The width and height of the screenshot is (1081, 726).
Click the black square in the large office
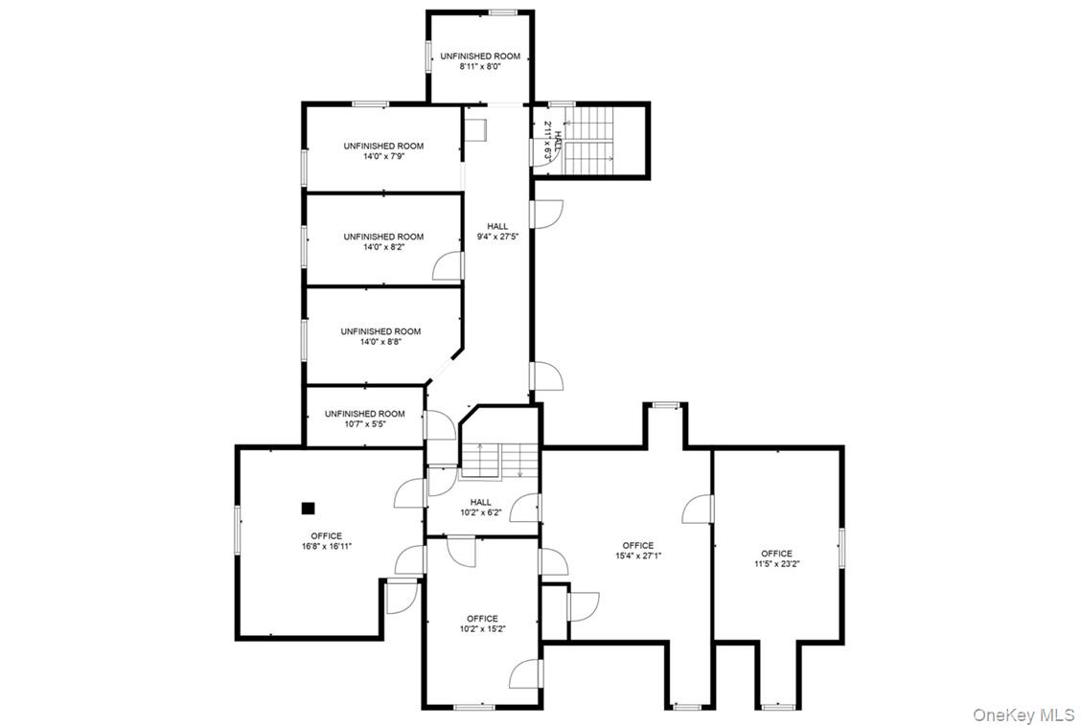(308, 508)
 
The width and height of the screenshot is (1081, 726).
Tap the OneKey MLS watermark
(1023, 715)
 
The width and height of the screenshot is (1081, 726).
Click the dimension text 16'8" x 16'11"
(326, 548)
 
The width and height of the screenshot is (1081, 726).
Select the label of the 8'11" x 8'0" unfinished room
(480, 57)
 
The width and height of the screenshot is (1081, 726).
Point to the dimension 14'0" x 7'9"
(383, 157)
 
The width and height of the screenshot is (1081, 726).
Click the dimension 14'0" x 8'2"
(383, 247)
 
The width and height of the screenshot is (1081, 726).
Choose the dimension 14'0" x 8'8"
(380, 342)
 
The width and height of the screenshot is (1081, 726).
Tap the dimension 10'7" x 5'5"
(364, 424)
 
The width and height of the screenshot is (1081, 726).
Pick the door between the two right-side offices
(700, 510)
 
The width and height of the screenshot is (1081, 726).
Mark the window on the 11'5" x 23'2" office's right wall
(841, 547)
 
